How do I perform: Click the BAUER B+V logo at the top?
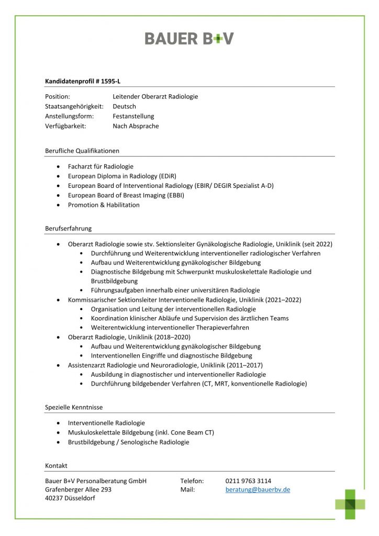click(x=189, y=38)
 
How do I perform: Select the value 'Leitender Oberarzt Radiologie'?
click(x=155, y=96)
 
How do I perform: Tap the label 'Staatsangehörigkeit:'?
click(x=74, y=106)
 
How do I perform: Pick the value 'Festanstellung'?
click(x=133, y=116)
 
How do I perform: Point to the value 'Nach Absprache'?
click(x=136, y=126)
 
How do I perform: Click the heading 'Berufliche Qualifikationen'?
click(x=82, y=151)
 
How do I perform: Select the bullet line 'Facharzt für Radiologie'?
click(x=101, y=166)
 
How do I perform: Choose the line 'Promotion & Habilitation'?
click(x=104, y=205)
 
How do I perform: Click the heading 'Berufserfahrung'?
click(x=69, y=229)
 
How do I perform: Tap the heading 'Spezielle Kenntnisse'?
click(x=74, y=407)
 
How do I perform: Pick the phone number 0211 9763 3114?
click(x=248, y=481)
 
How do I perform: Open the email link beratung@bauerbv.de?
click(x=258, y=490)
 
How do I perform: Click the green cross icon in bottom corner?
click(x=350, y=504)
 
